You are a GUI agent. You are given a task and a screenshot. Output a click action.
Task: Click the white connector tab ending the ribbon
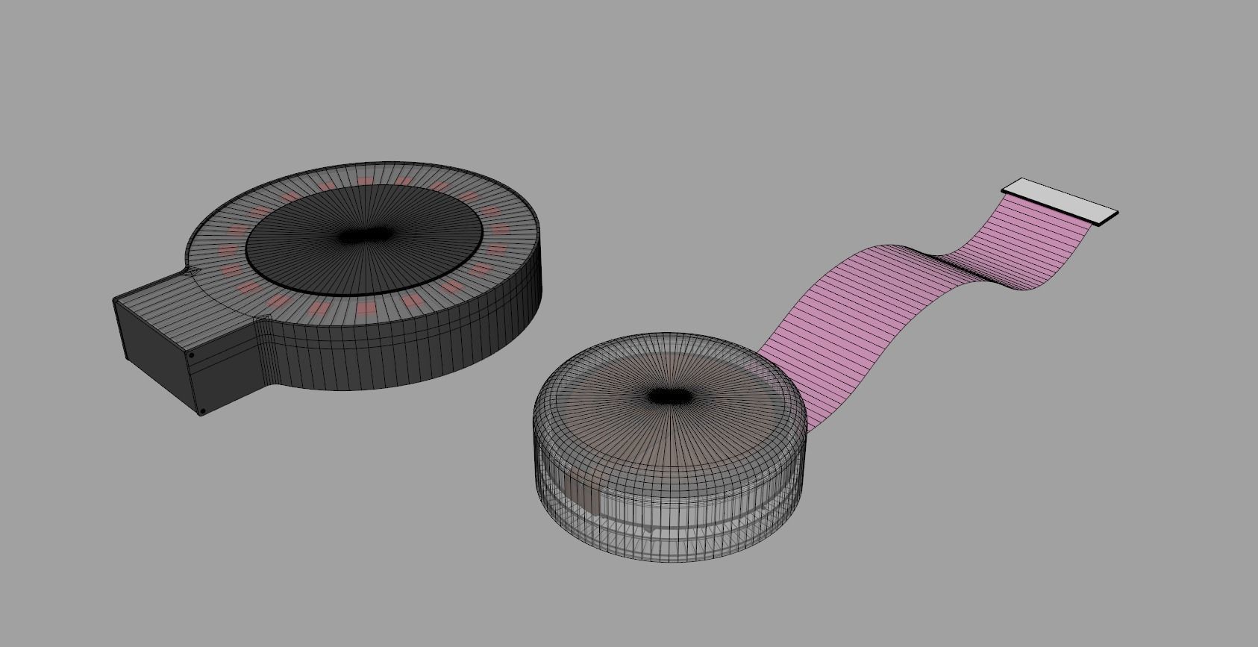coord(1060,201)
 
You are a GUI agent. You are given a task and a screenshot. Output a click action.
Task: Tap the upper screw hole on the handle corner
coord(191,356)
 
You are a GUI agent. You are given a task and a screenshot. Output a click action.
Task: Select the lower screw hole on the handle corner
coord(201,410)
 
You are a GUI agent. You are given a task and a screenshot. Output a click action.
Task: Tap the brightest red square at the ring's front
coord(366,307)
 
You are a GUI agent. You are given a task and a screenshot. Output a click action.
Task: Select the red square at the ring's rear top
coord(365,180)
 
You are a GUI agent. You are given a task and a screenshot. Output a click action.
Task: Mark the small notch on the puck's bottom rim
coord(651,531)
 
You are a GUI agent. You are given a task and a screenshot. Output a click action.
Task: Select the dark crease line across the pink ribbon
coord(963,266)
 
